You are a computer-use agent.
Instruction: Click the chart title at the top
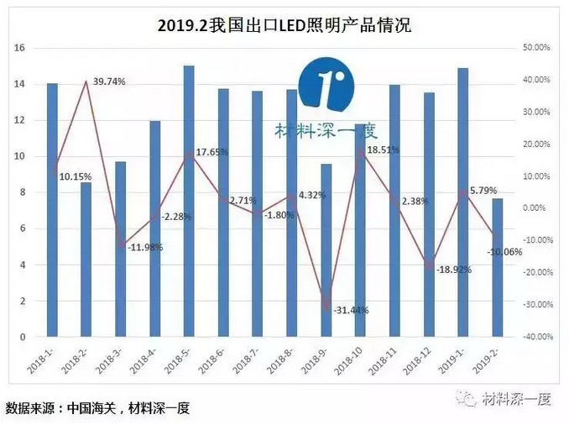pos(284,26)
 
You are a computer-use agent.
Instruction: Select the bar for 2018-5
pos(189,202)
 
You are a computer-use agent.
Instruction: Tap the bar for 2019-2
pos(497,267)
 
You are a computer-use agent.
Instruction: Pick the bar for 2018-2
pos(86,260)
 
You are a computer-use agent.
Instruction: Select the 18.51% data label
pos(384,150)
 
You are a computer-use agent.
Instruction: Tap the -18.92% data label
pos(453,270)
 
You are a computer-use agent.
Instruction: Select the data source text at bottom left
pos(97,409)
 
